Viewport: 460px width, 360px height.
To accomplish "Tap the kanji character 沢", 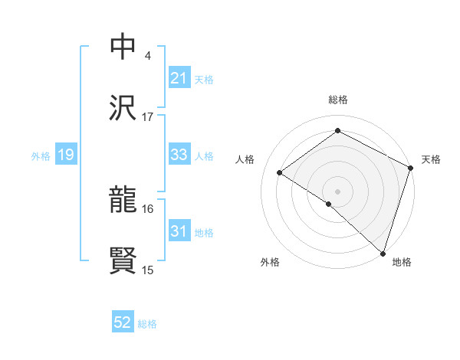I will tap(123, 109).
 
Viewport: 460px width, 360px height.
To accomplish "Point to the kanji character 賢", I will tap(123, 261).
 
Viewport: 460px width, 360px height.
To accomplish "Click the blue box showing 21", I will tap(179, 78).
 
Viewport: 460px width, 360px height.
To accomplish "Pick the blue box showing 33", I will tap(179, 155).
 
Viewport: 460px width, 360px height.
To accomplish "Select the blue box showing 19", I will tap(65, 155).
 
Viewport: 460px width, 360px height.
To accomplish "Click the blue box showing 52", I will tap(123, 322).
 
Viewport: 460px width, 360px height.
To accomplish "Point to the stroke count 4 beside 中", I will tap(147, 56).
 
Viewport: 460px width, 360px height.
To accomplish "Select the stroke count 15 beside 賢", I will tap(147, 270).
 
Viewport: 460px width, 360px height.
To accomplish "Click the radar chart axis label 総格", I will tap(338, 100).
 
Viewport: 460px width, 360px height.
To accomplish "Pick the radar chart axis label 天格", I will tap(431, 159).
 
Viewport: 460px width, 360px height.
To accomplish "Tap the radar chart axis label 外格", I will tap(270, 263).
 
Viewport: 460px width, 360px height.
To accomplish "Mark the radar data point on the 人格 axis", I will tap(280, 172).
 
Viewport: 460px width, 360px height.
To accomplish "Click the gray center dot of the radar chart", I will tap(338, 191).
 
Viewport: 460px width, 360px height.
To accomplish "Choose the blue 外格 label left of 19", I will tap(41, 155).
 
